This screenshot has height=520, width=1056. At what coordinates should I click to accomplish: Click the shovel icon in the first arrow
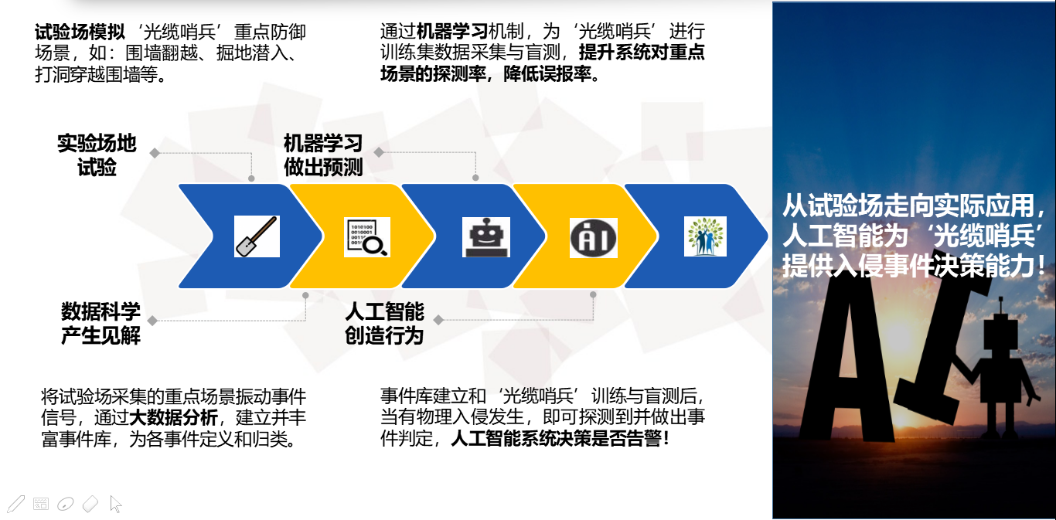(x=257, y=236)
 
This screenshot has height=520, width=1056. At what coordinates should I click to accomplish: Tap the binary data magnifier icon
(x=367, y=237)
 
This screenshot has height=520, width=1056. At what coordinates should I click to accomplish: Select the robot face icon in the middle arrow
(x=486, y=237)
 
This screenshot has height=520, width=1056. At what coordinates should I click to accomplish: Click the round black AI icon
(x=594, y=238)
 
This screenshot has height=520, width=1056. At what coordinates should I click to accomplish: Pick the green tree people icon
(x=705, y=236)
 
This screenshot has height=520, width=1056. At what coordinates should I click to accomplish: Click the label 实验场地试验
(x=97, y=155)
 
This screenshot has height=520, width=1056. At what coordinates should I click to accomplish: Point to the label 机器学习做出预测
(x=323, y=155)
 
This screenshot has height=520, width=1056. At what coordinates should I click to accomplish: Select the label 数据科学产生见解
(x=101, y=323)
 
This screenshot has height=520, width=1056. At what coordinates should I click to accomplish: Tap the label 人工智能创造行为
(x=384, y=323)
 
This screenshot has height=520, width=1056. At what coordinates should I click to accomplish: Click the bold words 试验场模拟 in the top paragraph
(x=80, y=32)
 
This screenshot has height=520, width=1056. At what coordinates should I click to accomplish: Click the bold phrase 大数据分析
(x=174, y=418)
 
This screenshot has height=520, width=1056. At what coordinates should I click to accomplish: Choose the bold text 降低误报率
(x=547, y=73)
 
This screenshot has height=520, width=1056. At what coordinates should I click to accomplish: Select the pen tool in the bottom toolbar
(x=15, y=504)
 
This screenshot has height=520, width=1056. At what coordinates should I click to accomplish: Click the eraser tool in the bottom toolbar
(x=90, y=504)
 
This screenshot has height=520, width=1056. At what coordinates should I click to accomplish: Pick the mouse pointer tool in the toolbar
(x=115, y=504)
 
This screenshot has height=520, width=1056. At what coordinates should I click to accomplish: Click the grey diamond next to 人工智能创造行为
(x=438, y=321)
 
